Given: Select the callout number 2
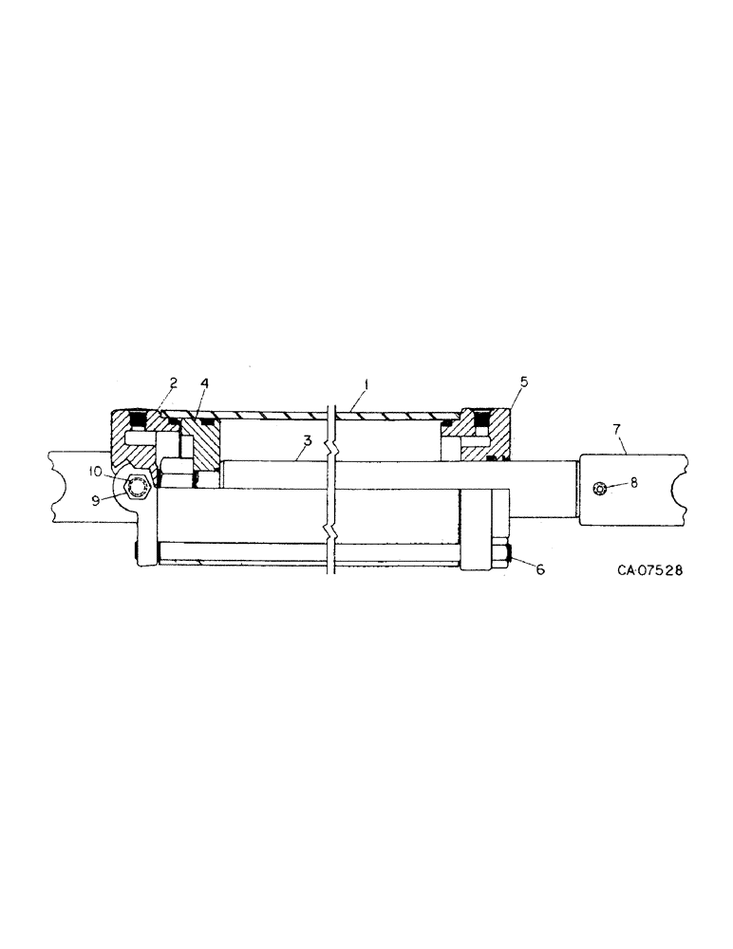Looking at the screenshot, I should pyautogui.click(x=173, y=383).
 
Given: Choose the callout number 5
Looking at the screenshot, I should pyautogui.click(x=525, y=383).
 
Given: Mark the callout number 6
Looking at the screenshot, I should pyautogui.click(x=540, y=570).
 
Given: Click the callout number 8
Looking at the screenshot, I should pyautogui.click(x=634, y=482).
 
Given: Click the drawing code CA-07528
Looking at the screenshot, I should pyautogui.click(x=649, y=571).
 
